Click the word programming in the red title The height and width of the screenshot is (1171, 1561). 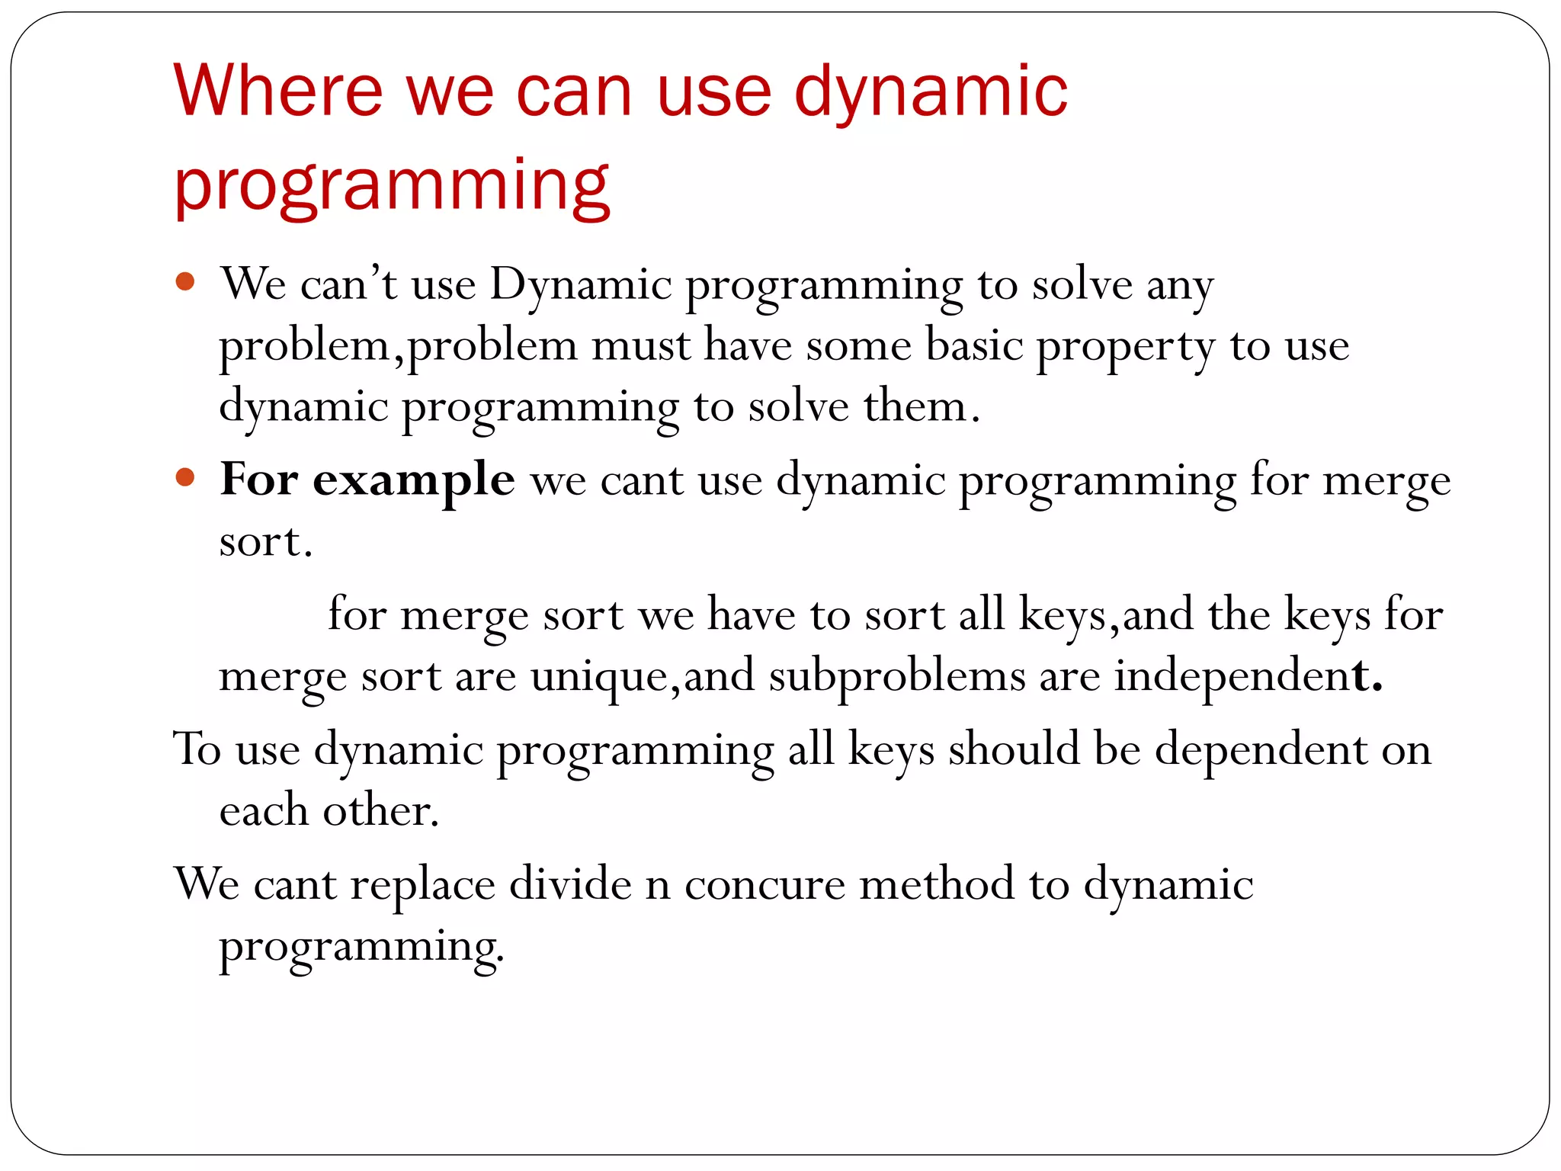[x=392, y=186]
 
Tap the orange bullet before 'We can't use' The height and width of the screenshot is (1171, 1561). [x=185, y=282]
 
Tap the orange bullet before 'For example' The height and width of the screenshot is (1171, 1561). [x=185, y=478]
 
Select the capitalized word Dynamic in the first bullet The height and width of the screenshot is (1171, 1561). [x=580, y=286]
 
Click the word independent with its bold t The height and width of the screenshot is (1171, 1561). [x=1248, y=676]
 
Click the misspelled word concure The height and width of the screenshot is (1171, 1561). [x=764, y=885]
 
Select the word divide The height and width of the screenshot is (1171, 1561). [x=570, y=885]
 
